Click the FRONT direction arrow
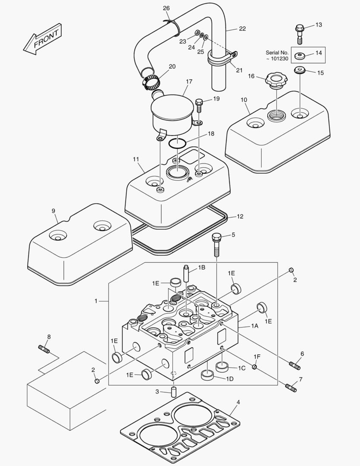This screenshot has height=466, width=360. click(x=43, y=39)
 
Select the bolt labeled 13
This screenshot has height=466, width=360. click(x=300, y=33)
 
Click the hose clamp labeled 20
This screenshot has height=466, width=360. click(x=150, y=81)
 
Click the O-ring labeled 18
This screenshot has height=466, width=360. click(x=177, y=143)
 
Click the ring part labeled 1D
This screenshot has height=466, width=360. click(x=208, y=375)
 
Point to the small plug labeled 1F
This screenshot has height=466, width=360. click(x=255, y=367)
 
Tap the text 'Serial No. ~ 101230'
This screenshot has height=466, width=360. click(x=277, y=56)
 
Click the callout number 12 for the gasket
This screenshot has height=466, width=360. click(x=240, y=216)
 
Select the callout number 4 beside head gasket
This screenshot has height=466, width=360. click(x=238, y=402)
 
